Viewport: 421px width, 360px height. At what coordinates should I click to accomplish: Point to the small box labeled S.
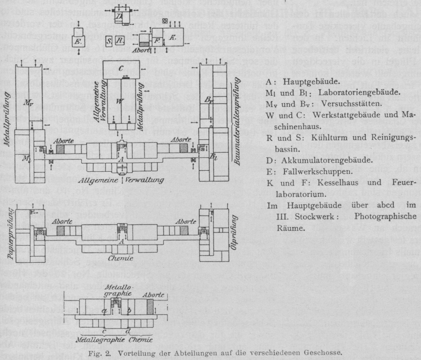[x=108, y=40]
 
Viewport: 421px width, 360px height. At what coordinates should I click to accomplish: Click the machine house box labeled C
[x=122, y=68]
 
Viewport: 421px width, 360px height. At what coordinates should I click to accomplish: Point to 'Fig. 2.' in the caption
[x=99, y=353]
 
